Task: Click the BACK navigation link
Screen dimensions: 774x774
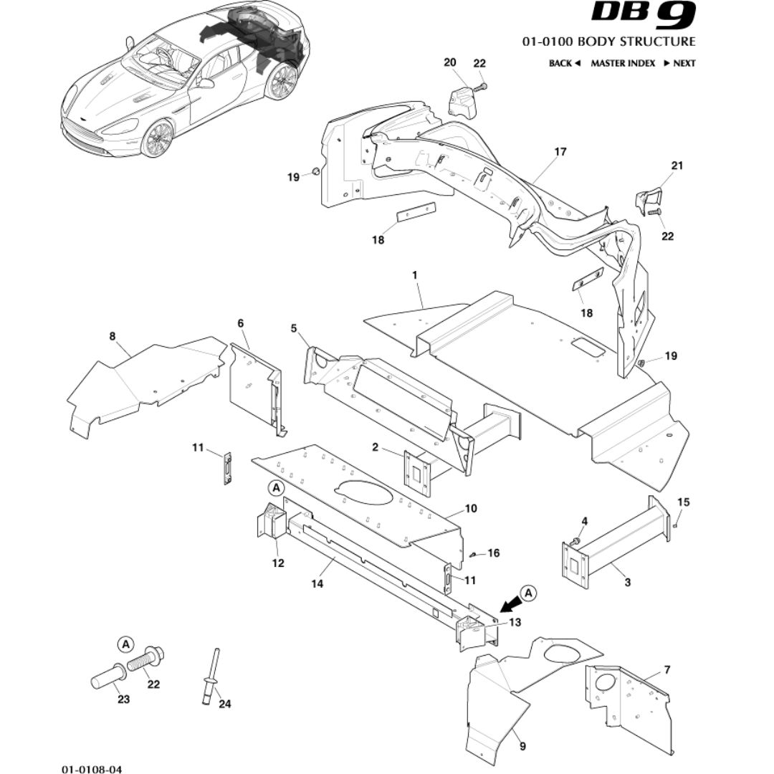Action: (x=563, y=63)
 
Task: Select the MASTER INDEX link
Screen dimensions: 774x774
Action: (x=622, y=63)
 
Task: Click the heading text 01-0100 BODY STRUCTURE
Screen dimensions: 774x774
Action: (x=608, y=42)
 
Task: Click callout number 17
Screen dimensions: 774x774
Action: (x=560, y=152)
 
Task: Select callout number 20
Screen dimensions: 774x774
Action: (x=450, y=63)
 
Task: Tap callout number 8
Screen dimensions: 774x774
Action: (x=112, y=335)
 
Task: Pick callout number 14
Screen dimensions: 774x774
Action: (x=317, y=584)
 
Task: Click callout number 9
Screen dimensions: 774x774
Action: (x=522, y=747)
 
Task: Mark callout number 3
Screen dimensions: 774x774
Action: (x=627, y=582)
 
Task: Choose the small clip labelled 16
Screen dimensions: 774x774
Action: (x=474, y=554)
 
